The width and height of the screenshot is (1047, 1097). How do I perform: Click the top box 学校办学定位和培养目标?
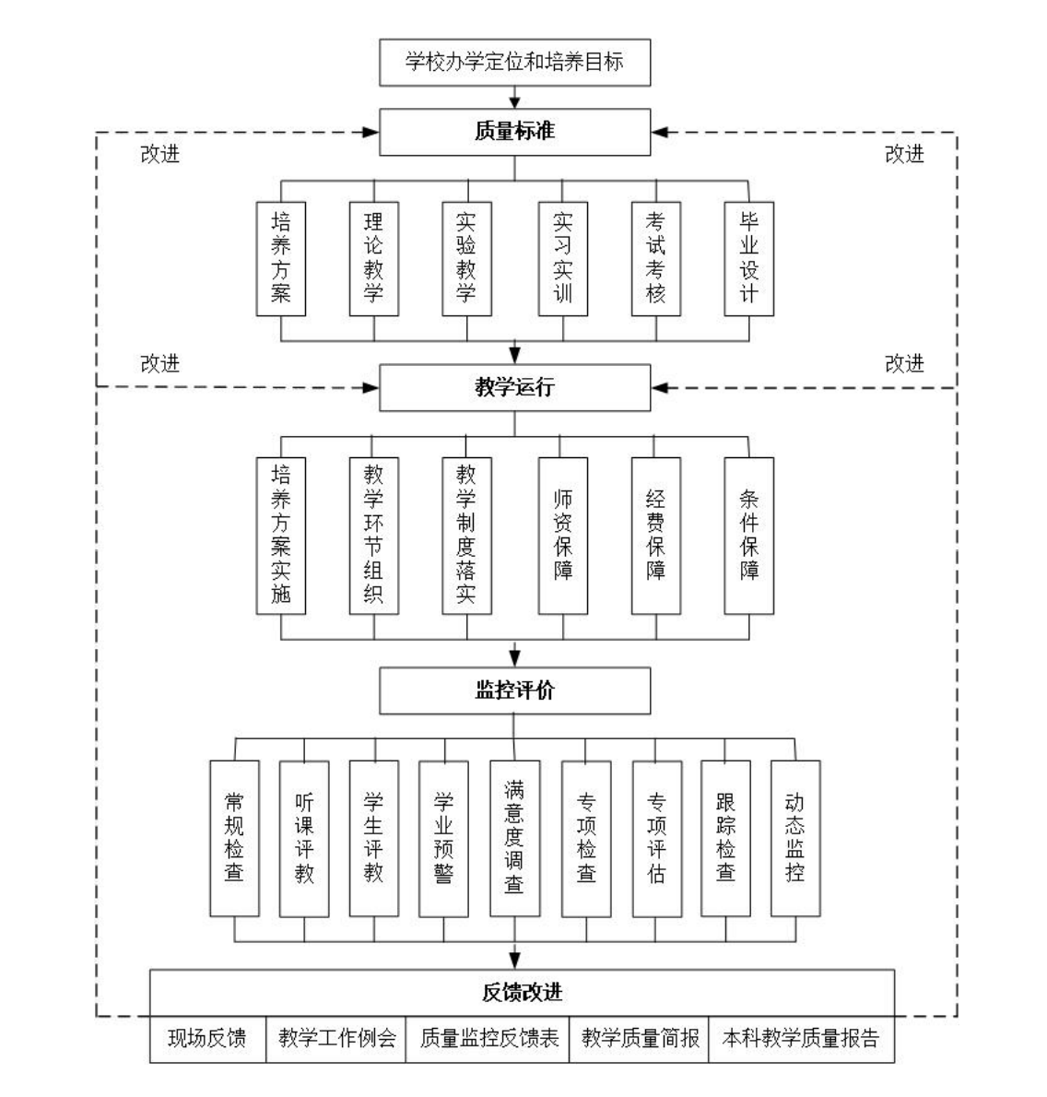pyautogui.click(x=514, y=63)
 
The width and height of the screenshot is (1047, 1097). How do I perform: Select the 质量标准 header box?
pyautogui.click(x=514, y=132)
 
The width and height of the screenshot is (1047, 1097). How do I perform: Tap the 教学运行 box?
pyautogui.click(x=514, y=387)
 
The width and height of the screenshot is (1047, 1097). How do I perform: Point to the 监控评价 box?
pyautogui.click(x=514, y=690)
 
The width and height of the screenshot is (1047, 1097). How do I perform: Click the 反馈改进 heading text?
pyautogui.click(x=522, y=993)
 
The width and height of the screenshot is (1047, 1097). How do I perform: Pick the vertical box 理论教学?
pyautogui.click(x=373, y=259)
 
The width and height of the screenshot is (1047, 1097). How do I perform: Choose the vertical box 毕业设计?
pyautogui.click(x=748, y=259)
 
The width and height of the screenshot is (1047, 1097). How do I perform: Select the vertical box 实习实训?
pyautogui.click(x=562, y=259)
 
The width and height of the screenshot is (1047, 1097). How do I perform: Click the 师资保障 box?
pyautogui.click(x=562, y=535)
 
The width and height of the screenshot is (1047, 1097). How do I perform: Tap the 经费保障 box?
pyautogui.click(x=655, y=535)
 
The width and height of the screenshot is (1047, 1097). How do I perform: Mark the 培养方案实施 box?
pyautogui.click(x=280, y=535)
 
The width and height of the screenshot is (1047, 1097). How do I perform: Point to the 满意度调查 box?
pyautogui.click(x=514, y=838)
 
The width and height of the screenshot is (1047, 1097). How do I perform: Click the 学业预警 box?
pyautogui.click(x=443, y=838)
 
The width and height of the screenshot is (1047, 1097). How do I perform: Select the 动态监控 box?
pyautogui.click(x=794, y=838)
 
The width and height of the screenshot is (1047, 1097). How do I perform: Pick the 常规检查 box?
pyautogui.click(x=234, y=838)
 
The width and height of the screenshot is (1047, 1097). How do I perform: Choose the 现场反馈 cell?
pyautogui.click(x=207, y=1039)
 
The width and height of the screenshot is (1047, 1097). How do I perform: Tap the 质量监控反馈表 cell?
pyautogui.click(x=488, y=1039)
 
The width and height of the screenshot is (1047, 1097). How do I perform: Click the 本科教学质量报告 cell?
pyautogui.click(x=800, y=1039)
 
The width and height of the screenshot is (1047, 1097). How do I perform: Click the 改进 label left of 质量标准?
pyautogui.click(x=159, y=155)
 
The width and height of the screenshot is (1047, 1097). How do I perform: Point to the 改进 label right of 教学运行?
pyautogui.click(x=903, y=364)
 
